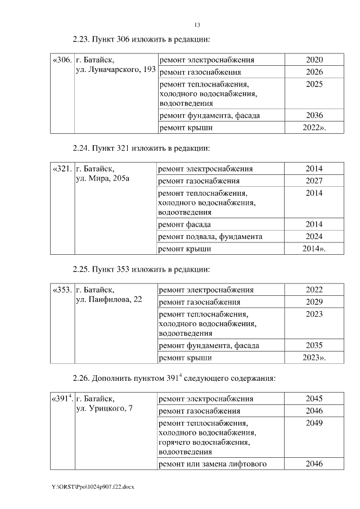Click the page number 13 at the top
tap(197, 25)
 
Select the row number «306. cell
tap(61, 60)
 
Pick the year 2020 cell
tap(314, 60)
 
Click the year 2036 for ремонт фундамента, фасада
tap(314, 115)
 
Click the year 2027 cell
tap(314, 181)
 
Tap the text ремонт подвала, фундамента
tap(210, 236)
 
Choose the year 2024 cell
tap(314, 236)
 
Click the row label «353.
tap(61, 290)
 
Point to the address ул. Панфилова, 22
tap(109, 300)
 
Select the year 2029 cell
tap(314, 302)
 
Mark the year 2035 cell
tap(314, 345)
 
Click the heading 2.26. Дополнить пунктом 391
tap(174, 378)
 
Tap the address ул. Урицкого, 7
tap(104, 408)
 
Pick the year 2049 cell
tap(314, 422)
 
